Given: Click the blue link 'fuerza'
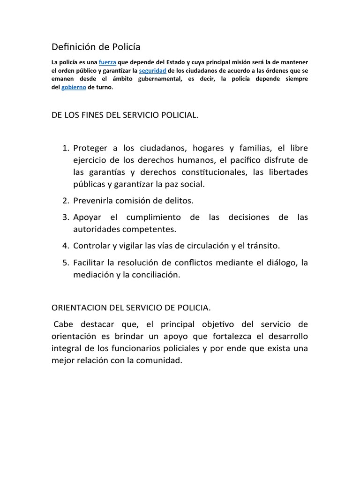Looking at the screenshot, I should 107,62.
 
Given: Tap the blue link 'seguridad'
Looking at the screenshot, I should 153,70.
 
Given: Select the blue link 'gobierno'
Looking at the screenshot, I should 74,87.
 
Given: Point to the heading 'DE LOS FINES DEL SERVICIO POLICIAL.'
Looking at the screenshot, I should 125,115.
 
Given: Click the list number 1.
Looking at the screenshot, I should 65,148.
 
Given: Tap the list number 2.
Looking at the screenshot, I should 65,200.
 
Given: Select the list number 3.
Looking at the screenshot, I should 65,217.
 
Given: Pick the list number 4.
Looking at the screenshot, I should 65,245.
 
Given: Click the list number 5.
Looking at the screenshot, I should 65,262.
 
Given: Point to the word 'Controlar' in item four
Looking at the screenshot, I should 92,245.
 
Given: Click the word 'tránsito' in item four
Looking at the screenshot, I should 264,245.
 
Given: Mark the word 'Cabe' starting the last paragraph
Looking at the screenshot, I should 64,324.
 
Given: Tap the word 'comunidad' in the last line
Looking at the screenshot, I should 158,361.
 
